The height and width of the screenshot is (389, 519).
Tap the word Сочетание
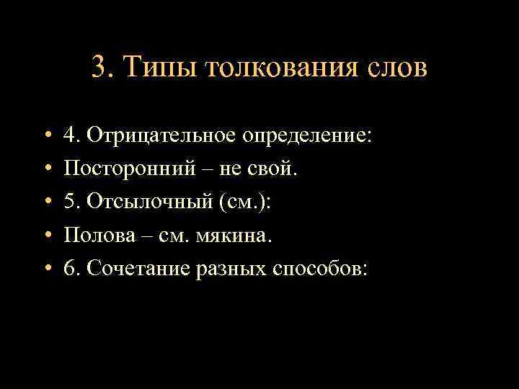click(x=139, y=269)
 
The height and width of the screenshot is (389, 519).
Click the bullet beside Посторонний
click(x=45, y=169)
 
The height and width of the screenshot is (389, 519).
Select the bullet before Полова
click(x=45, y=236)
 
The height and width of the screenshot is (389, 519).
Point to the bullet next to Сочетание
click(x=45, y=269)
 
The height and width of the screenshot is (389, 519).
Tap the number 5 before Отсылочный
click(x=69, y=202)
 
